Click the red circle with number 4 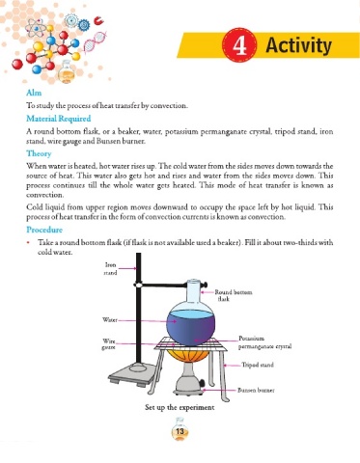coord(239,45)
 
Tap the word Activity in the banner coord(298,45)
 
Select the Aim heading coord(34,93)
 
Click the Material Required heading coord(59,119)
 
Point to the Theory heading coord(39,153)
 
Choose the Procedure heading coord(44,230)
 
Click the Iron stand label coord(110,269)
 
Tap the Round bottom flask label coord(234,295)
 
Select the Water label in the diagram coord(110,320)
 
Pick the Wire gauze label coord(109,344)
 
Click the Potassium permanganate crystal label coord(264,342)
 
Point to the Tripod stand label coord(258,365)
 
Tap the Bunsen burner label coord(256,391)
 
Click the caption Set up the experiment coord(180,407)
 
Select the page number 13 coord(180,431)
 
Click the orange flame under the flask coord(187,356)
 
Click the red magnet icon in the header coord(98,21)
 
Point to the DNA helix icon coord(94,41)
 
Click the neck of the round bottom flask coord(194,292)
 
